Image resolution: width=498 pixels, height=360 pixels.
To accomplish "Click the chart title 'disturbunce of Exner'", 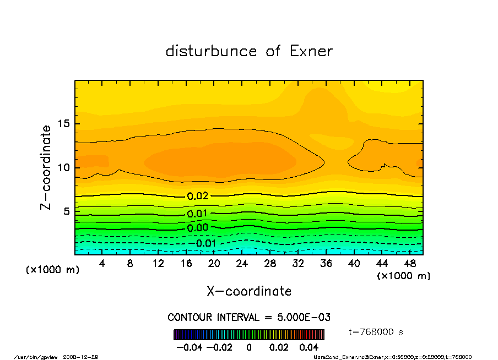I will [x=249, y=51].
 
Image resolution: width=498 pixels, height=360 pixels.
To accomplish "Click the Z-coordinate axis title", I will [x=46, y=167].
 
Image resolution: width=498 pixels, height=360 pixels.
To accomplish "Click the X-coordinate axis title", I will [x=249, y=291].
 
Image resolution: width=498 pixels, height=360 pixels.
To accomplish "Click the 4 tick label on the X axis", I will [x=102, y=264].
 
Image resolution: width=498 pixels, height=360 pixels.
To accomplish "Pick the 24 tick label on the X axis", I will [x=242, y=264].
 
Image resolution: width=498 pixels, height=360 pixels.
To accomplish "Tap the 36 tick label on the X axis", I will [x=326, y=264].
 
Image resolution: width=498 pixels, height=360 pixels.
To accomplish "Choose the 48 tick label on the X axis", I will [x=410, y=264].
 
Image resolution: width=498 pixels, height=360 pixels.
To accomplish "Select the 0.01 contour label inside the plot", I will [x=197, y=214].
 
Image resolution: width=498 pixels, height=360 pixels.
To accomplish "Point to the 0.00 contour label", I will [x=197, y=228].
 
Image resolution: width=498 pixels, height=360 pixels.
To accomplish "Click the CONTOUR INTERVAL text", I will [x=249, y=318].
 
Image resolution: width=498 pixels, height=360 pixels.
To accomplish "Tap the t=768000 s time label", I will [x=377, y=332].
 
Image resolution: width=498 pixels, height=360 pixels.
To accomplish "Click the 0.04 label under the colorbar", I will [x=309, y=347].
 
